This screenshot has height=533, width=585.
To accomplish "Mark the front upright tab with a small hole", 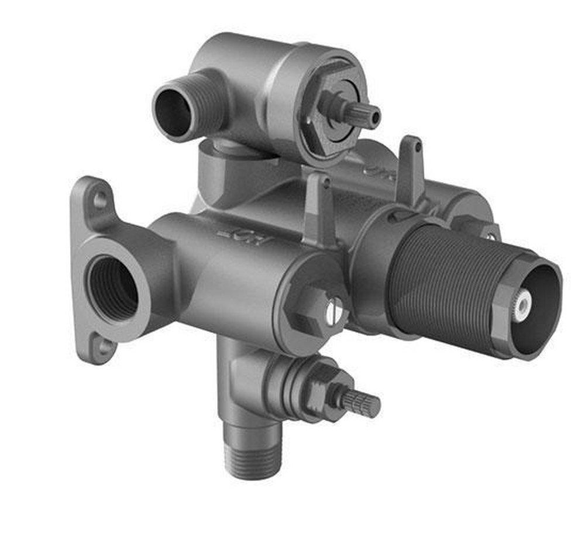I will click(x=319, y=205).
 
